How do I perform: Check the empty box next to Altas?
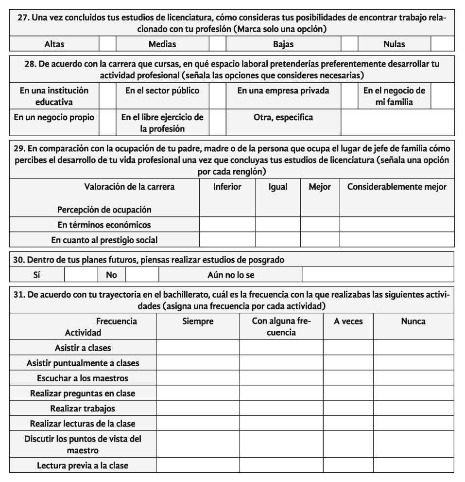point(107,44)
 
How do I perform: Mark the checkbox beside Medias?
point(217,44)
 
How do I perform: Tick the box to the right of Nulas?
point(442,44)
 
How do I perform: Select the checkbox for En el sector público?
point(217,96)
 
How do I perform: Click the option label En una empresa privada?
point(283,90)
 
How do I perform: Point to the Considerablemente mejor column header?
point(396,187)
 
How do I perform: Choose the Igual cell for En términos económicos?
point(277,225)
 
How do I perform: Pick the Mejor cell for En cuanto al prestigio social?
point(320,240)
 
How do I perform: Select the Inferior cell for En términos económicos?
point(227,225)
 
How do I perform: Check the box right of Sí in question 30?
point(81,275)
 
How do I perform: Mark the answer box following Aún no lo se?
point(378,275)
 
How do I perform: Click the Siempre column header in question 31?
point(198,321)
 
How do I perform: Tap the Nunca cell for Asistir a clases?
point(413,348)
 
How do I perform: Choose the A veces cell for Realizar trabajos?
point(348,408)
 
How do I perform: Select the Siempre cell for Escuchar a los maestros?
point(198,378)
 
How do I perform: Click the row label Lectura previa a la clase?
point(83,465)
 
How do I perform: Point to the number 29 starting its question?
point(18,148)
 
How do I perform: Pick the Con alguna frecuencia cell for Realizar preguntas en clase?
point(281,393)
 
